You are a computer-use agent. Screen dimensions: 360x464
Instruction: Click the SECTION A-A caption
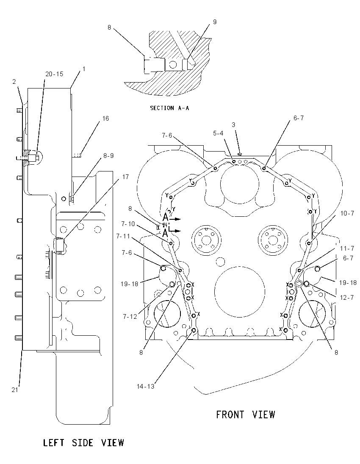tap(169, 108)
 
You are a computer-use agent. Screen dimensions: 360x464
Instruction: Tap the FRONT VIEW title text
tap(245, 414)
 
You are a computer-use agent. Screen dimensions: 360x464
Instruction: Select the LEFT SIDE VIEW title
tap(83, 443)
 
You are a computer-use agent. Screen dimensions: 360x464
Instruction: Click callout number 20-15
tap(54, 74)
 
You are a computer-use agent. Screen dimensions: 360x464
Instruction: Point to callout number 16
tap(106, 119)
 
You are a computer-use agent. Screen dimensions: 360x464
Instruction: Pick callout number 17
tap(125, 177)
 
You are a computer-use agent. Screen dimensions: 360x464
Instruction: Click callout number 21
tap(15, 390)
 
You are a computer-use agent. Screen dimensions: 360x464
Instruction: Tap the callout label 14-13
tap(146, 386)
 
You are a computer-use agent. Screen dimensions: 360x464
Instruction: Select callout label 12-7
tap(347, 297)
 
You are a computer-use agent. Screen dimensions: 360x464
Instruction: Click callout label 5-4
tap(218, 133)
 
